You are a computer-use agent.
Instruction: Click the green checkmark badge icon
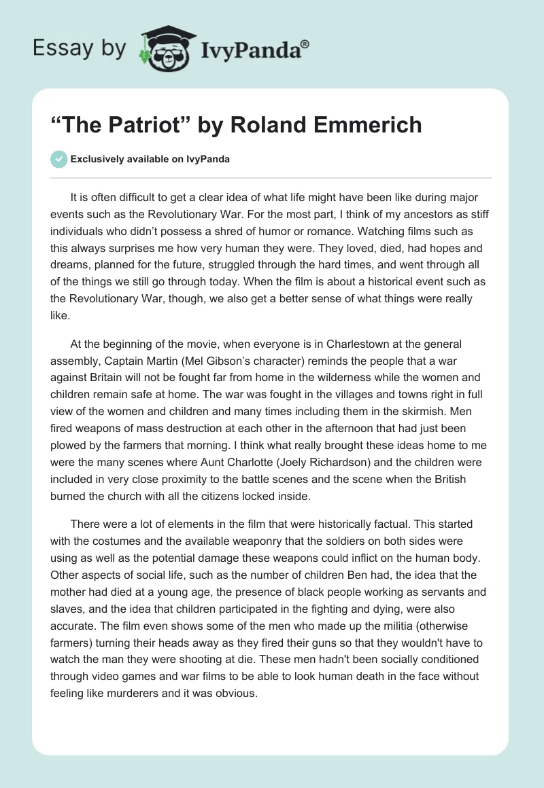click(59, 159)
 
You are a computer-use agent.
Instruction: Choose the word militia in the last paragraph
click(402, 624)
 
